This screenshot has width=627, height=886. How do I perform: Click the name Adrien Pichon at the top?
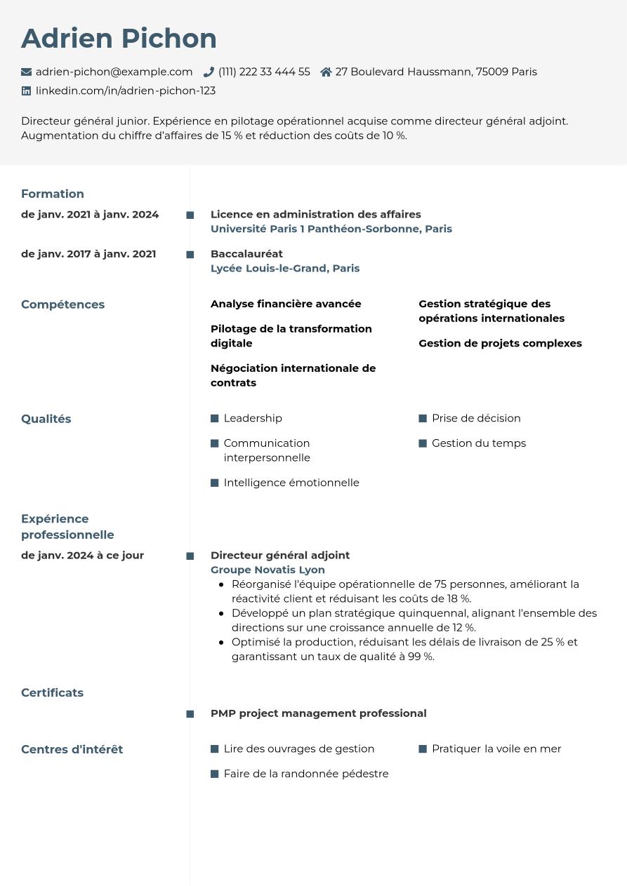119,39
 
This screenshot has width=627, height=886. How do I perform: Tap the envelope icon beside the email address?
27,72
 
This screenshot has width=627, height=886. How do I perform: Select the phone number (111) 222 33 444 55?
264,72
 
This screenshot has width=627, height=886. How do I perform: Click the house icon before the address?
326,72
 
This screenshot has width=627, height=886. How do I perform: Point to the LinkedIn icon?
27,90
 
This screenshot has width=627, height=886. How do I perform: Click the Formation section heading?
53,194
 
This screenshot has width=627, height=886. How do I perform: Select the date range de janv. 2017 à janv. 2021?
88,254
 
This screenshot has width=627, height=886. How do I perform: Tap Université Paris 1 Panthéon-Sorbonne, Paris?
331,229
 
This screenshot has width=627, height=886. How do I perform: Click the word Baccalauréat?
246,254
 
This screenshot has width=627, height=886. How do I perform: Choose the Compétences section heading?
62,304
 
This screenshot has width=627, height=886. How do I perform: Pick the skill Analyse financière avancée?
286,304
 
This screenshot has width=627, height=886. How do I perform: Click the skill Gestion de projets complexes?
500,343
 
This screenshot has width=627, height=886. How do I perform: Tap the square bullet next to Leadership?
215,419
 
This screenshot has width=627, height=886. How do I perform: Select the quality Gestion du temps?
478,443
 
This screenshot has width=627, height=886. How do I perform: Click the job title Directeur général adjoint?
279,555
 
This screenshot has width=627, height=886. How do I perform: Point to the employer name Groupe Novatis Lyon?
268,570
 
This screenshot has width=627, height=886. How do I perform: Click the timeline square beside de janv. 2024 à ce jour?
190,556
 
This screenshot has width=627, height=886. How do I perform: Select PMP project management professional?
318,713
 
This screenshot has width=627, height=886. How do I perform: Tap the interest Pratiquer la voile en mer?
496,749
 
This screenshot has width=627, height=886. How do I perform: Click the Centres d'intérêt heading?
72,749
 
